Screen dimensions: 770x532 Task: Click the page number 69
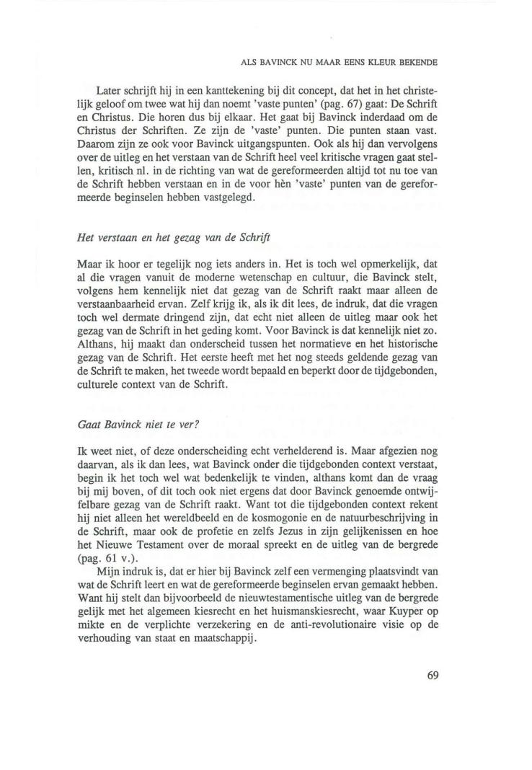pos(433,676)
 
